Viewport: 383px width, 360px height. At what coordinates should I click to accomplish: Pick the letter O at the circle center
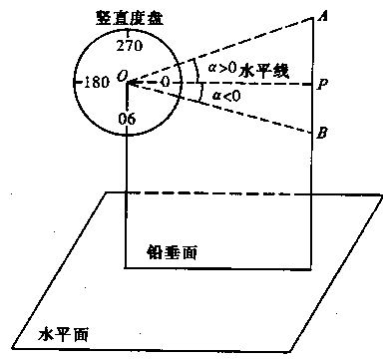click(x=121, y=75)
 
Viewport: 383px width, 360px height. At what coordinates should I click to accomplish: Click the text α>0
click(x=216, y=67)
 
